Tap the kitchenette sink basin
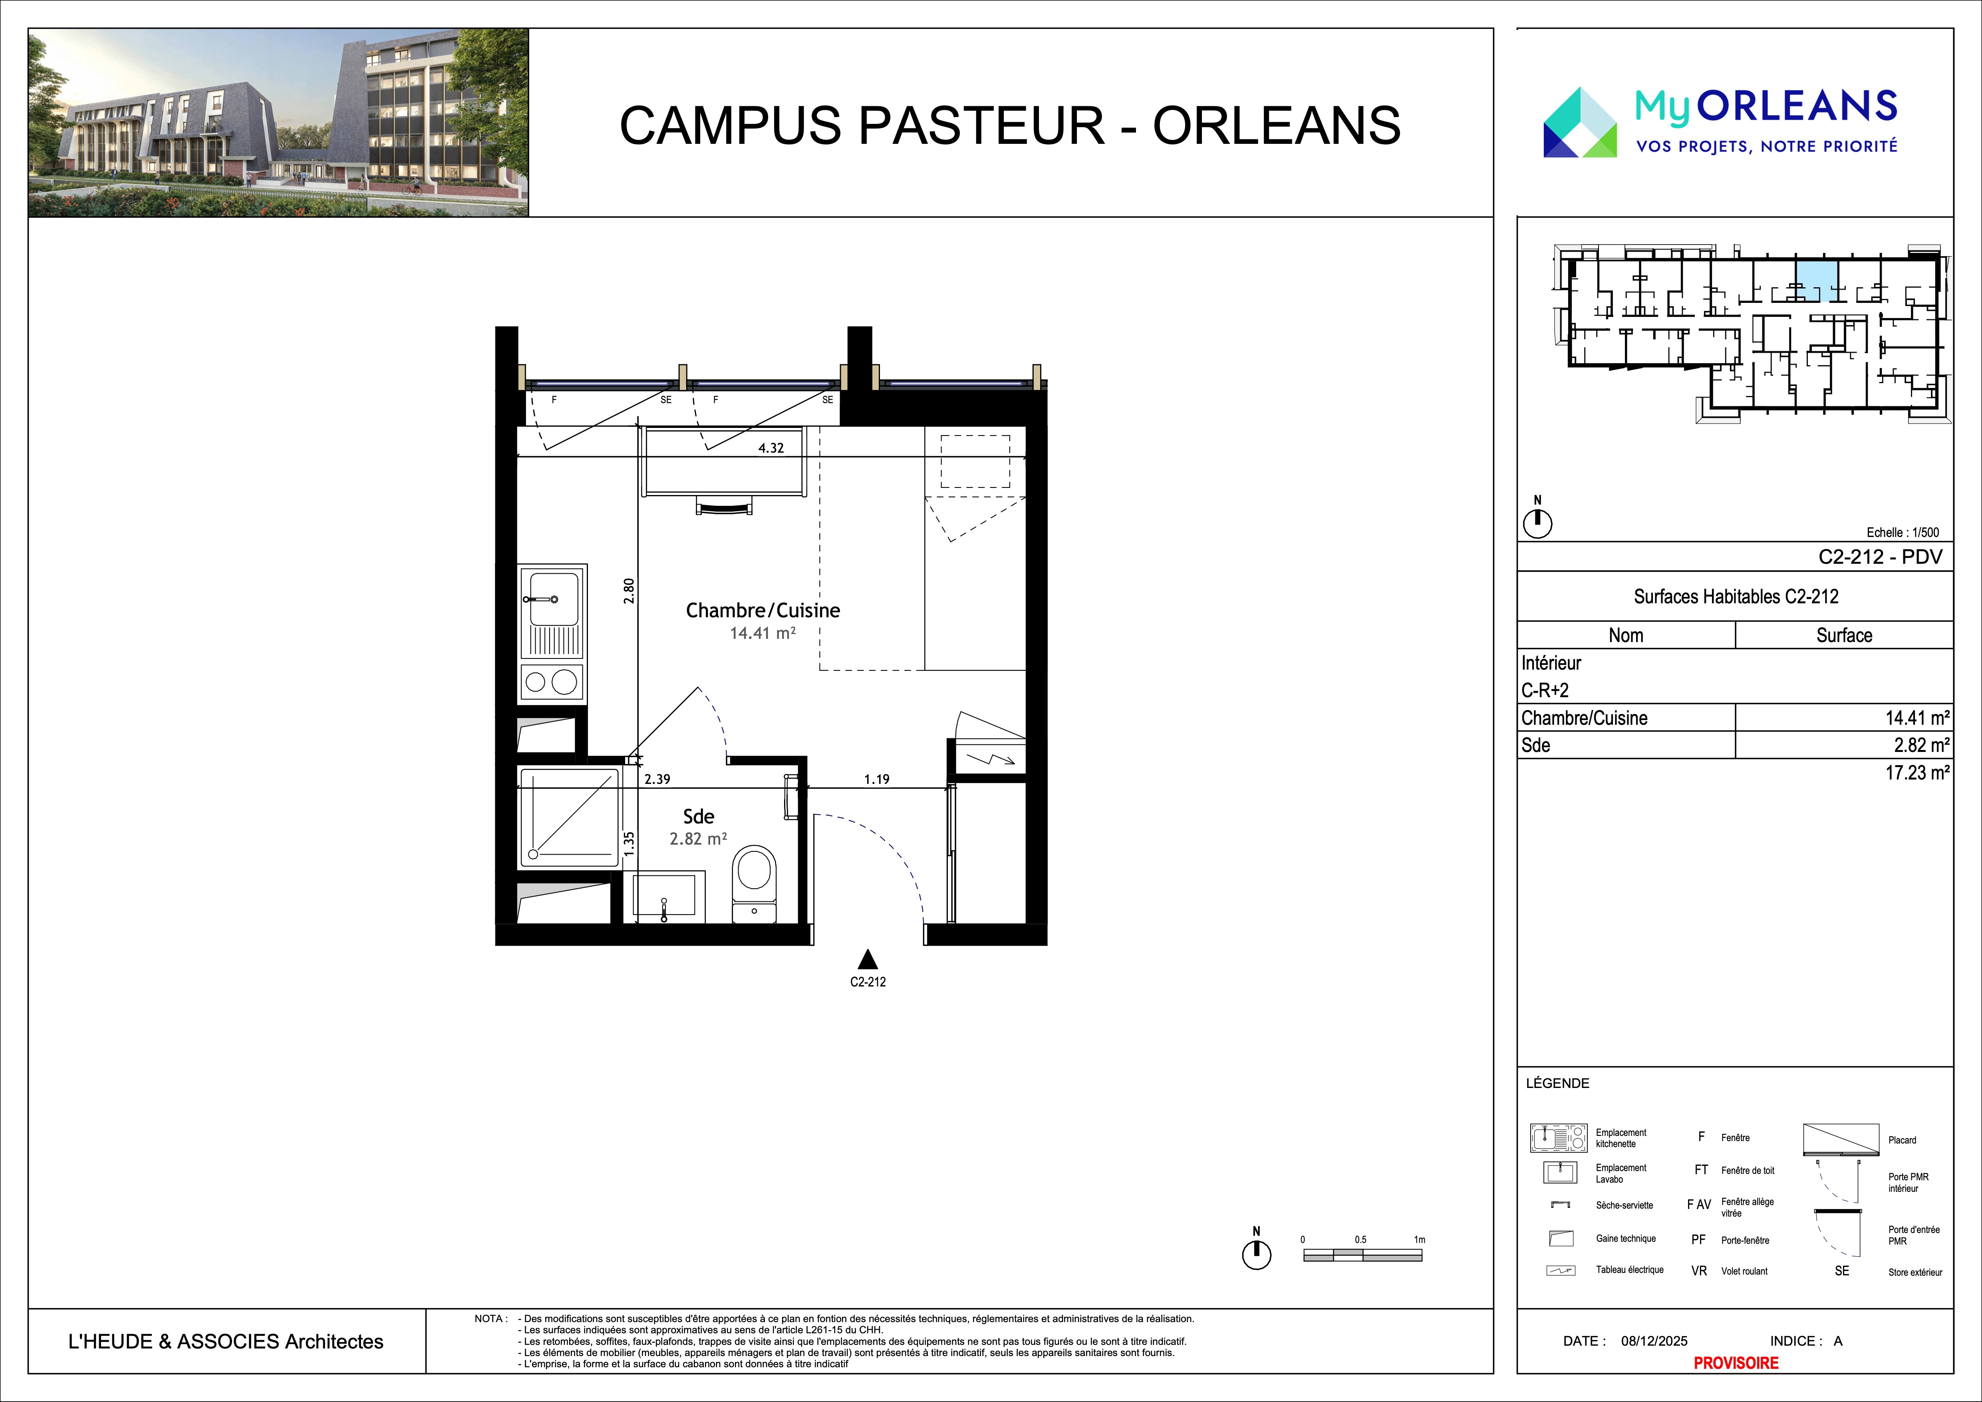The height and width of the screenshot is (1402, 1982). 553,597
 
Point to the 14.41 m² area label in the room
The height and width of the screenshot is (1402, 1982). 762,633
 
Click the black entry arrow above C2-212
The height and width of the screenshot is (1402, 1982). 868,959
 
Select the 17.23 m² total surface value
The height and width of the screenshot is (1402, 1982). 1917,773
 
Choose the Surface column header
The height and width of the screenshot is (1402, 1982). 1844,635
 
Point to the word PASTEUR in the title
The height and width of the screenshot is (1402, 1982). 982,125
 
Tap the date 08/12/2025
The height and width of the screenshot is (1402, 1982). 1654,1341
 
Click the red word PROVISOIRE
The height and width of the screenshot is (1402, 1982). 1736,1362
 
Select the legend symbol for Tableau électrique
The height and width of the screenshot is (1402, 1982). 1561,1270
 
